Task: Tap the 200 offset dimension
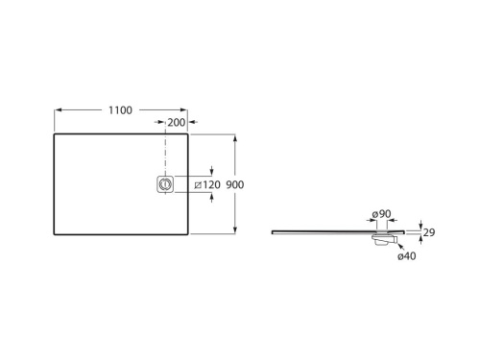176,123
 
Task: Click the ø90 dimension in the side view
381,214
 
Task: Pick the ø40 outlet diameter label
407,255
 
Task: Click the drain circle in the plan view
166,183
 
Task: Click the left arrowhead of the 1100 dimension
56,109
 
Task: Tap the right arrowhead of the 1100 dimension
186,109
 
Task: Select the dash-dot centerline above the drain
166,154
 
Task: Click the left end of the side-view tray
273,230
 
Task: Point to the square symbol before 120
197,183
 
